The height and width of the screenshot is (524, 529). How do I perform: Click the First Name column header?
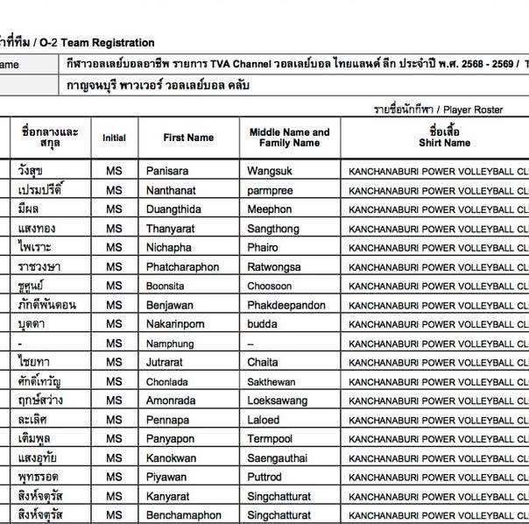click(x=188, y=138)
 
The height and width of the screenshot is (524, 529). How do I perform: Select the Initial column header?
click(x=114, y=138)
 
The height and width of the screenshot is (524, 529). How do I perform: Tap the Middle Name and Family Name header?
click(x=289, y=138)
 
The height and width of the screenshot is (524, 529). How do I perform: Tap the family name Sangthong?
click(x=275, y=228)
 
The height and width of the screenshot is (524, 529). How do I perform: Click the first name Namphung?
click(x=171, y=343)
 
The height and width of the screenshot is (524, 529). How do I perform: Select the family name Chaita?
click(x=263, y=363)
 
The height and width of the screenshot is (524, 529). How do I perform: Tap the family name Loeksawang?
click(x=278, y=400)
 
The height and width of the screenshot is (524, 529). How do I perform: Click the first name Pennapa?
click(x=167, y=420)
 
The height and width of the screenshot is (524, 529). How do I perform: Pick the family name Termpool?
click(x=271, y=439)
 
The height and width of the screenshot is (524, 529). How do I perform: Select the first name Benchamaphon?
click(x=184, y=515)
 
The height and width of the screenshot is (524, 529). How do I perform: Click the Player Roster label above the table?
click(x=473, y=110)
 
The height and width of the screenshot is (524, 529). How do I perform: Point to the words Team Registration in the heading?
click(x=111, y=42)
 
